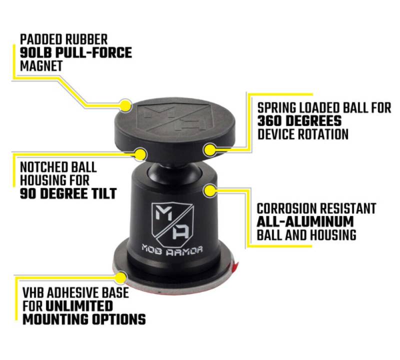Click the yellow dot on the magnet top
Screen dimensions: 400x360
pos(125,105)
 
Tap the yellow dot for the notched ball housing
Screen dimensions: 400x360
pos(140,154)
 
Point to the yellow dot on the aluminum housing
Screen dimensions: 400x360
pos(210,191)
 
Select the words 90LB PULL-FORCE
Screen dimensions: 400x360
pos(76,53)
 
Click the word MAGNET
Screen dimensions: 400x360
pos(41,66)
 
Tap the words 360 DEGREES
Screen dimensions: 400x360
pos(299,120)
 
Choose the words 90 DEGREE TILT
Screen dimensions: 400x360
pos(68,193)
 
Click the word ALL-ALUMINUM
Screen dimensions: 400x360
pos(305,221)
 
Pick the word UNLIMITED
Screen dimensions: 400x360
pos(79,306)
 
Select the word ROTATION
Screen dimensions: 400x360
pos(323,134)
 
